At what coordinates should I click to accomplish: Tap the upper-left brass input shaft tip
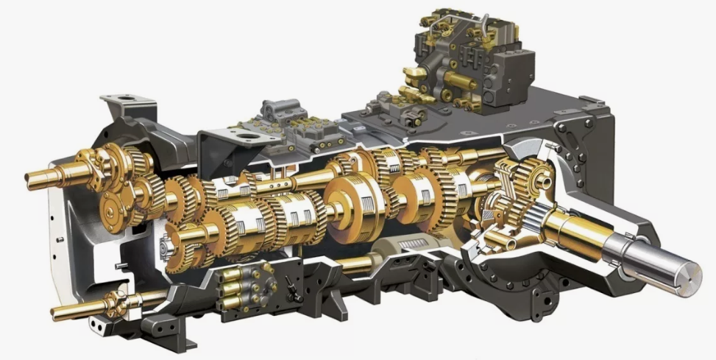point(32,177)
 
